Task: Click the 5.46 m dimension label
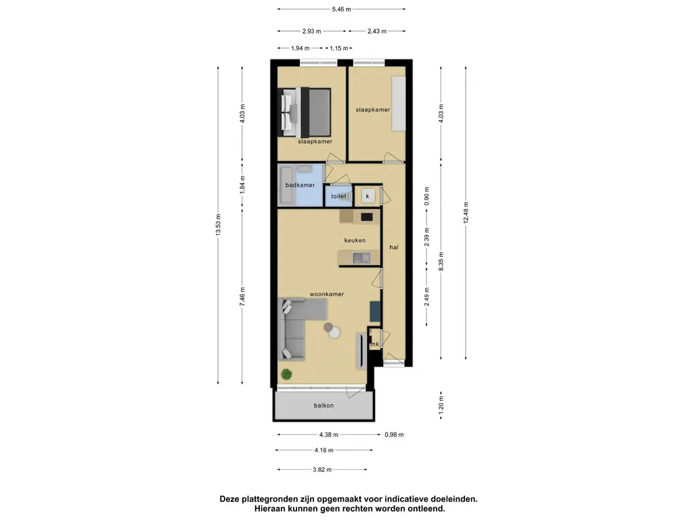click(341, 9)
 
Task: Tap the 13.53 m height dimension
click(219, 225)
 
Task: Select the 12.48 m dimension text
click(466, 213)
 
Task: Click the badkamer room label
click(300, 185)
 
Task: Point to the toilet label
click(338, 196)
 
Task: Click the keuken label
click(355, 240)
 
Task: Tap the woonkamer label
click(327, 294)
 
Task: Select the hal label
click(394, 247)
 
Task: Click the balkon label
click(323, 406)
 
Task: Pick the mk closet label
click(375, 344)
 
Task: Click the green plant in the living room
click(286, 374)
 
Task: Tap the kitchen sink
click(361, 257)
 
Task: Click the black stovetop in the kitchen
click(367, 217)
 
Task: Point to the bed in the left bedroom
click(305, 112)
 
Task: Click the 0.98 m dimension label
click(394, 435)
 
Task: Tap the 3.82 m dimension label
click(322, 470)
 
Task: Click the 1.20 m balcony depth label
click(441, 405)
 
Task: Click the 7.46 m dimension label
click(242, 297)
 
